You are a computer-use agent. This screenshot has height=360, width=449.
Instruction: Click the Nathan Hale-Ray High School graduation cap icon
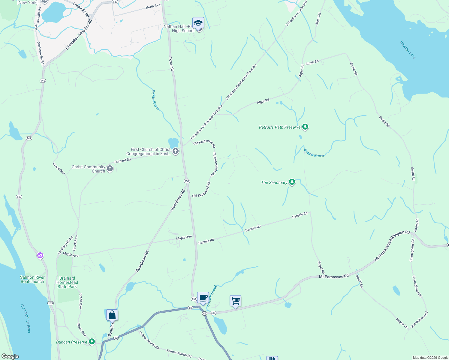198,23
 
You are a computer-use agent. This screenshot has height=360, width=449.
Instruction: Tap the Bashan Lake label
408,50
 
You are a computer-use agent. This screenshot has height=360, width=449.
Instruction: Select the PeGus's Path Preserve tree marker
305,127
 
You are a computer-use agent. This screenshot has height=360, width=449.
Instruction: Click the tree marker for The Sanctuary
292,182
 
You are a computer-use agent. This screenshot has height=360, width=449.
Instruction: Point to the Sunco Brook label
314,153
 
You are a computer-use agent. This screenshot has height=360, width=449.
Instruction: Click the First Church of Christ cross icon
176,151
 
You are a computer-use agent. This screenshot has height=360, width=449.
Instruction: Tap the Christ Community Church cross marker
110,169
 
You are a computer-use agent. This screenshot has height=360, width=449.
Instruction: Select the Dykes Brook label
155,100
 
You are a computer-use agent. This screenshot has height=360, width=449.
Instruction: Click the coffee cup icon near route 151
203,297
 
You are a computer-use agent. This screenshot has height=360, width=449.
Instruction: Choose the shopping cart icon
236,300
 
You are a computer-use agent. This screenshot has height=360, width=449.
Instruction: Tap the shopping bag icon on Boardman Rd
112,315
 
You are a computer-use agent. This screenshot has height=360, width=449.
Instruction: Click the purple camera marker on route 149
40,256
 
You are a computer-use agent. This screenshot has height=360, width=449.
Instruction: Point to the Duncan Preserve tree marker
92,342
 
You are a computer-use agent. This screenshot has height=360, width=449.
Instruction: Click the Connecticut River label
26,319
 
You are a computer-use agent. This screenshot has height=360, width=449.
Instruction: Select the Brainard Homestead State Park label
67,282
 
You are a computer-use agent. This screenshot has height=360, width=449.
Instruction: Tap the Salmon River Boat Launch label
32,279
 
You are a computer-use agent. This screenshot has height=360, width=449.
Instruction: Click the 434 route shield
213,313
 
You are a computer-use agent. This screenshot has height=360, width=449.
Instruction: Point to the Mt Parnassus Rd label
334,276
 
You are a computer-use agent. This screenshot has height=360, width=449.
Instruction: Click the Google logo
10,356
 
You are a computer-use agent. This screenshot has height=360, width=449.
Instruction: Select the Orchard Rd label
122,160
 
